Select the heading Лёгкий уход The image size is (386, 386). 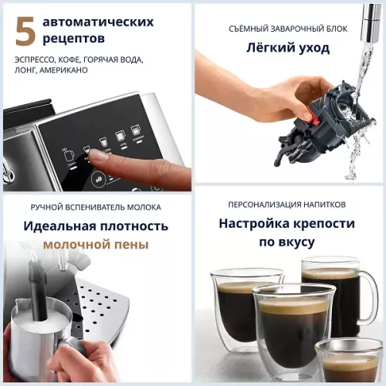click(288, 48)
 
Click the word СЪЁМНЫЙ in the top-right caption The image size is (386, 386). click(248, 29)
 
